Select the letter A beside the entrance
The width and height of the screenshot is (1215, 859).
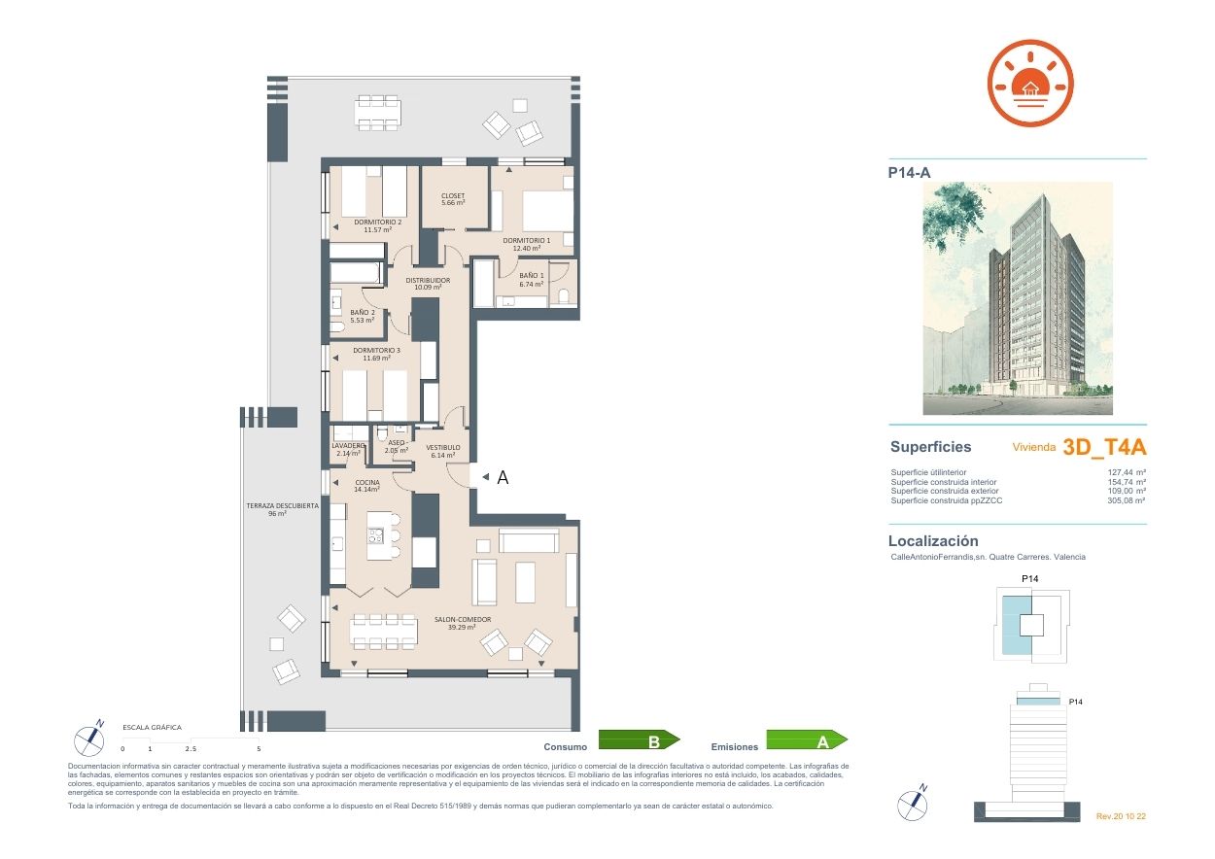503,477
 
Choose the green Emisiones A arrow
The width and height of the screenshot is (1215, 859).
807,741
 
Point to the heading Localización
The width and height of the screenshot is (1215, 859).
933,541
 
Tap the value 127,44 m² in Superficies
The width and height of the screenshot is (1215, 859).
1127,473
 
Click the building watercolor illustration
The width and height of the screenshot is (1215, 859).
1018,298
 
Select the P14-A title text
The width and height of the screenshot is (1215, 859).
910,173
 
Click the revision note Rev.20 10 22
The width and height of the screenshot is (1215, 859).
1121,816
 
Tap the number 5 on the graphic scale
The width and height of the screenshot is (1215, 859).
259,749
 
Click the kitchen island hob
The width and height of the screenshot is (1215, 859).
375,534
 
